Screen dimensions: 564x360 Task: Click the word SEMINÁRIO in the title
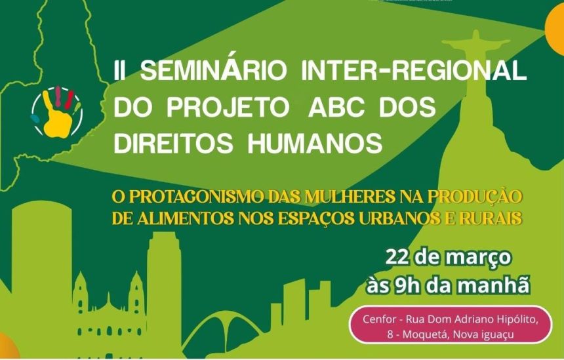[213, 70]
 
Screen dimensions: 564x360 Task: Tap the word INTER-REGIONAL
[414, 70]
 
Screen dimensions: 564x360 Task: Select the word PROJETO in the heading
[228, 107]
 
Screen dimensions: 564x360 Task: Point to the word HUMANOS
[315, 143]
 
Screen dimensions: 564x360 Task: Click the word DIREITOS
[173, 143]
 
